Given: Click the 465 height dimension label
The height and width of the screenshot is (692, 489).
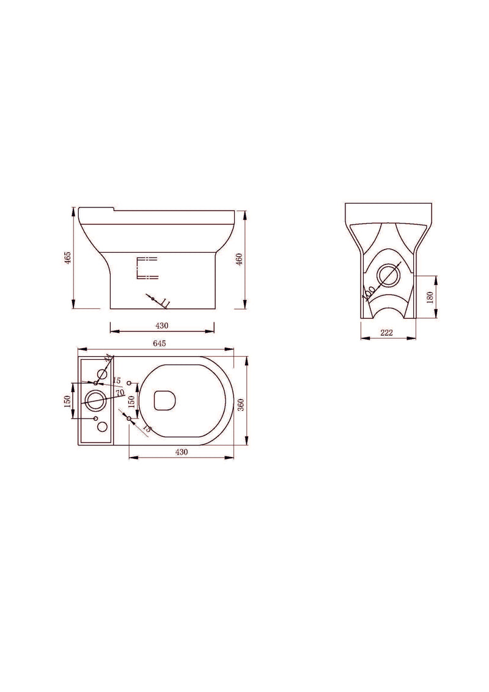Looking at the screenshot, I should [x=69, y=258].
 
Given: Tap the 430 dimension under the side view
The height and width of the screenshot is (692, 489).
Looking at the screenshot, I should [x=162, y=326].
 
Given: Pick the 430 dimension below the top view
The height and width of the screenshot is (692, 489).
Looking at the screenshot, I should [x=182, y=452].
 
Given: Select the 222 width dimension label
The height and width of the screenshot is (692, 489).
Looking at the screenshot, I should [x=386, y=333].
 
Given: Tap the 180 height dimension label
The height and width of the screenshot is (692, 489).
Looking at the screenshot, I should [x=430, y=297].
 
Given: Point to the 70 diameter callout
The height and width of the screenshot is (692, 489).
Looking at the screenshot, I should [x=120, y=392].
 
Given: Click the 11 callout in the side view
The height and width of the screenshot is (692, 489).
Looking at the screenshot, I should [x=164, y=302].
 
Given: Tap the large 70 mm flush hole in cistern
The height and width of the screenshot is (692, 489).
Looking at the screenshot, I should [x=95, y=400].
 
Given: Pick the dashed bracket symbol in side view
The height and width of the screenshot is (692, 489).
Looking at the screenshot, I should [x=146, y=268].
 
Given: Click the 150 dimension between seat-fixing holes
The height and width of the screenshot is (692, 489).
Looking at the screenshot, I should [x=131, y=401].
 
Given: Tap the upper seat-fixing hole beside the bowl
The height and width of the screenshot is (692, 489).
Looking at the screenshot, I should [x=129, y=382].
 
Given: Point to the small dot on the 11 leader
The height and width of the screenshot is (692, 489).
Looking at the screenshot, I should [x=153, y=298].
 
